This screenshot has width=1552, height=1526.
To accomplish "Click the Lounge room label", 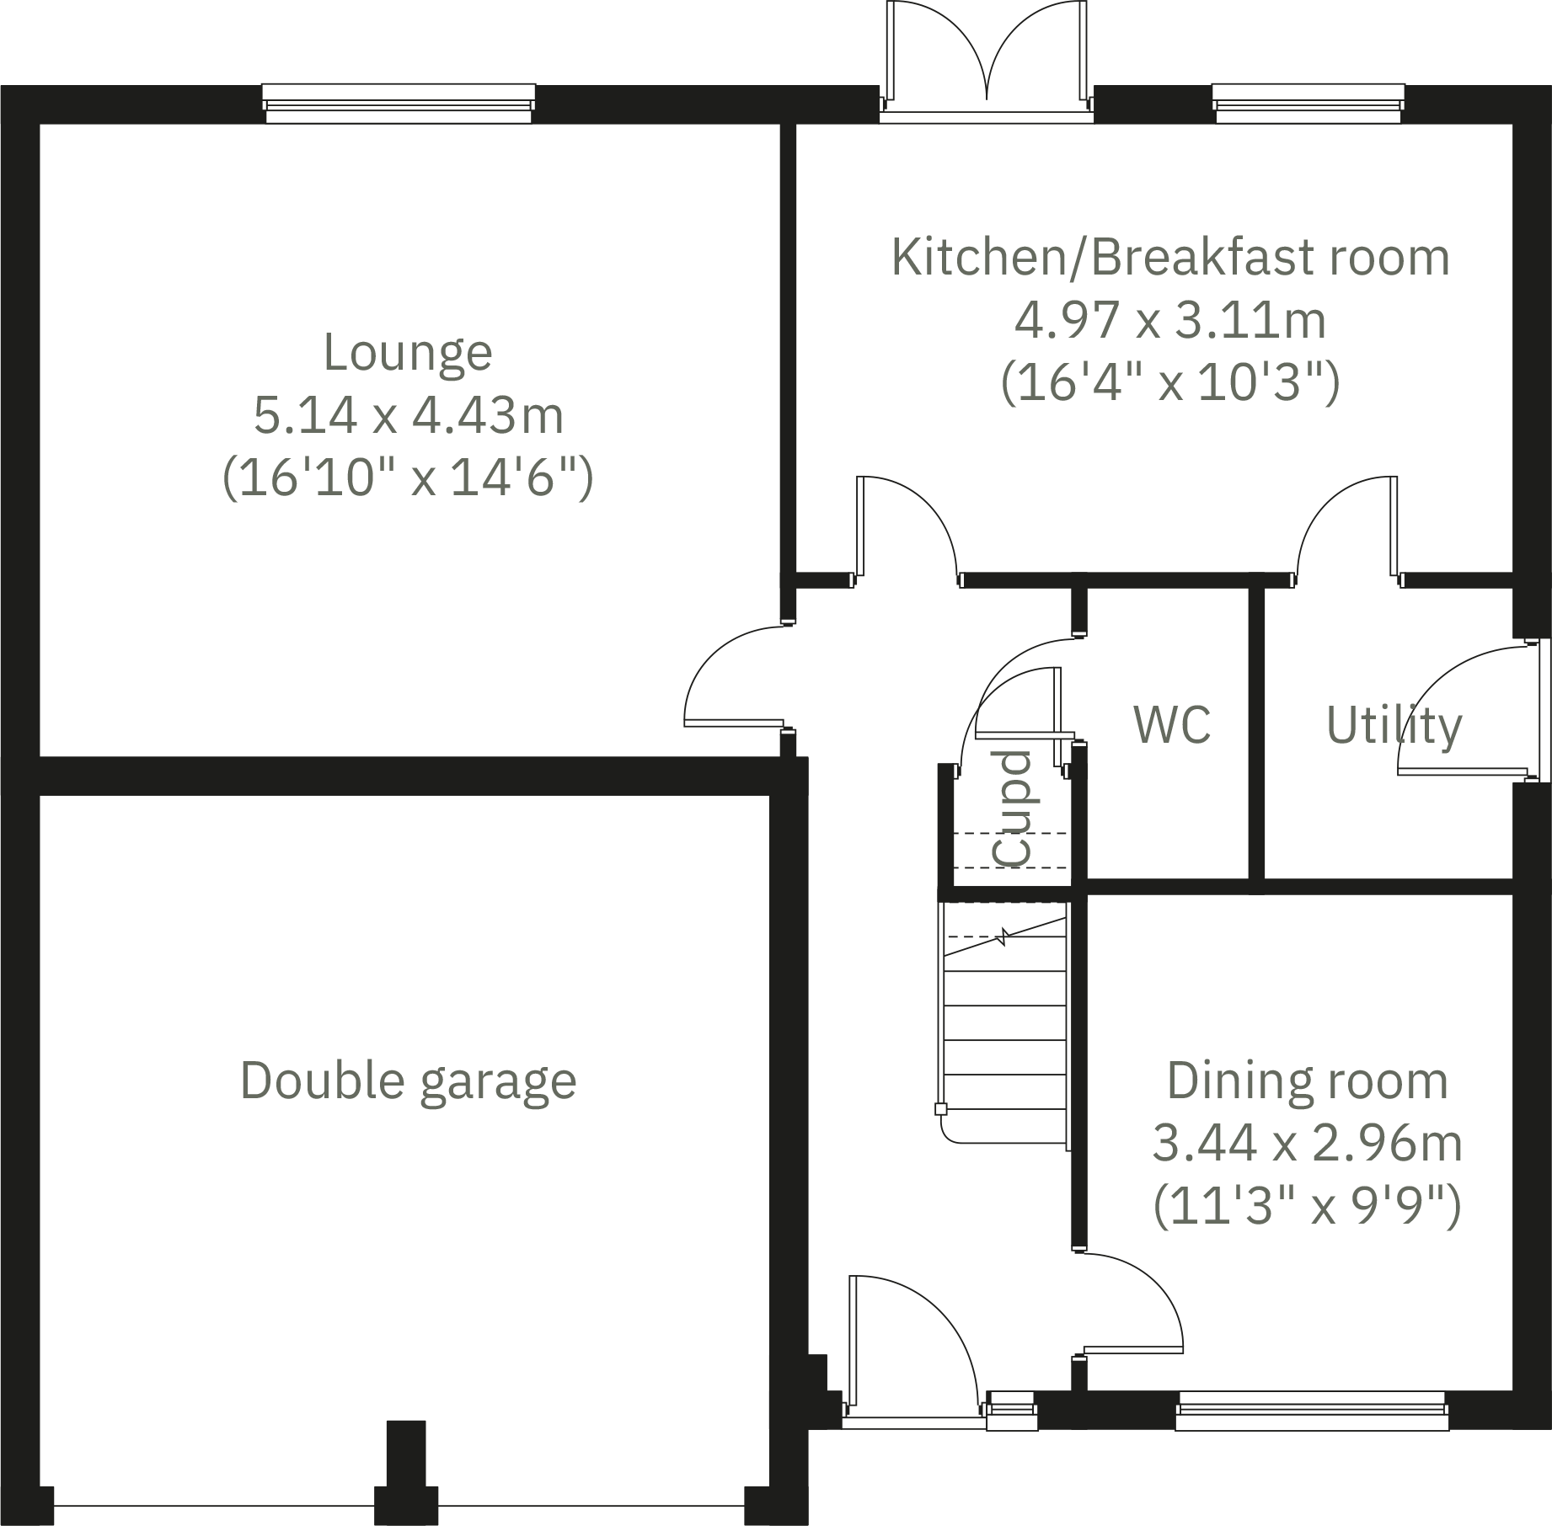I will pos(408,353).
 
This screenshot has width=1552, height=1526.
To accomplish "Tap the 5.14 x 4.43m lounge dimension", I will pos(408,416).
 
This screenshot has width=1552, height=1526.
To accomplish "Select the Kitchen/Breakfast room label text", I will pos(1169,258).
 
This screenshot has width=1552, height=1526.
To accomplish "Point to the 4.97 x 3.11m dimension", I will pos(1169,321).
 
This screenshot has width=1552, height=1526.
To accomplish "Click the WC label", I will pos(1172,725).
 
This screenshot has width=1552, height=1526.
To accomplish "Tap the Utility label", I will pos(1394,726).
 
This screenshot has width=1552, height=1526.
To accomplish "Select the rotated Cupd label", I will pos(1011,808).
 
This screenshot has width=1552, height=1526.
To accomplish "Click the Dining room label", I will pos(1307,1080).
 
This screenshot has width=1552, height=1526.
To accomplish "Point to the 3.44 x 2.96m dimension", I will pos(1307,1144).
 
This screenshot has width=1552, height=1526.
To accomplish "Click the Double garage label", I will pos(408,1080).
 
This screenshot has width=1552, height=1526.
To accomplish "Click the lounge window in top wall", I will pos(399,104).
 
